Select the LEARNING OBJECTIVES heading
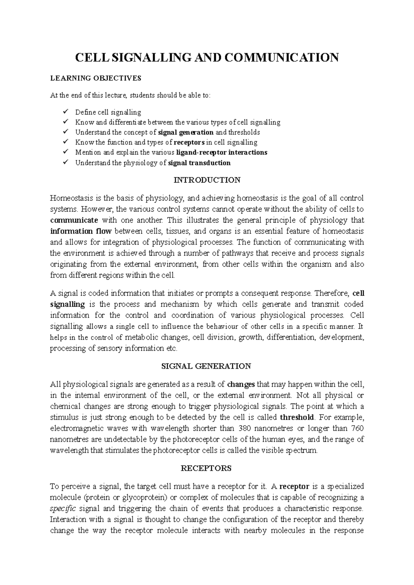click(96, 78)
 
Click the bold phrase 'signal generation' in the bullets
click(186, 132)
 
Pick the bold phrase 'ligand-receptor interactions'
click(221, 152)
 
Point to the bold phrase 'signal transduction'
click(199, 163)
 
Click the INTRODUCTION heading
click(207, 180)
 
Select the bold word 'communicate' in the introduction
click(74, 220)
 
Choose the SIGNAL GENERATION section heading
click(207, 366)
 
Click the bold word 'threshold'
click(297, 417)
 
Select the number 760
click(357, 428)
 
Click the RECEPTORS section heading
click(206, 468)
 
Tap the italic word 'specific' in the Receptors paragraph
click(62, 509)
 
